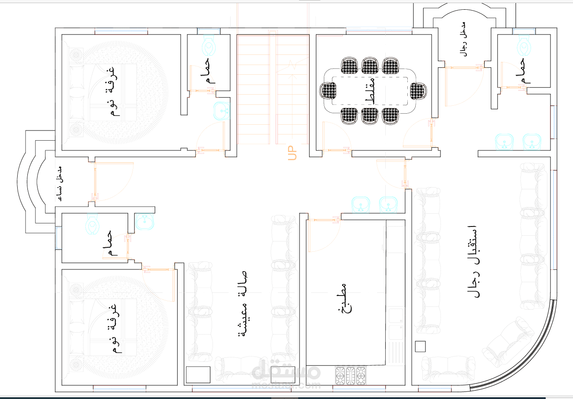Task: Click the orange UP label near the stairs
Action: (292, 153)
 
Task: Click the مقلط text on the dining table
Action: (370, 91)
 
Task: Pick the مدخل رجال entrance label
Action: (463, 38)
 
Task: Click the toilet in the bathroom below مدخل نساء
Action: (93, 224)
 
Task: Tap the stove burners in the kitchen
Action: (351, 375)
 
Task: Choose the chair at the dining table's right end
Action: (418, 91)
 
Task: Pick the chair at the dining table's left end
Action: (328, 91)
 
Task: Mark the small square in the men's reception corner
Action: (420, 346)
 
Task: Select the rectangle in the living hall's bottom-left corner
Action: (198, 374)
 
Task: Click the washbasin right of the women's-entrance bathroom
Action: (144, 222)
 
